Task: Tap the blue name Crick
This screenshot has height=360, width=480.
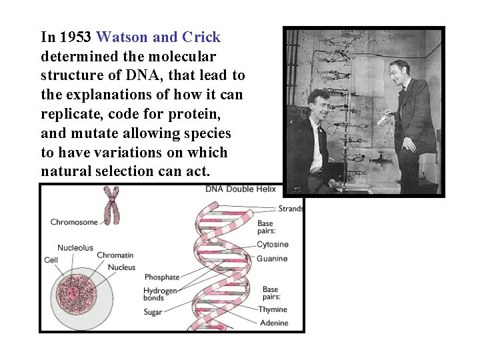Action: click(201, 37)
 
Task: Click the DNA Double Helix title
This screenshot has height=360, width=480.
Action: click(239, 189)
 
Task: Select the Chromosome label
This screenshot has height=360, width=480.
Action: click(74, 222)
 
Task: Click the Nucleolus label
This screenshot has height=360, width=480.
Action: click(75, 248)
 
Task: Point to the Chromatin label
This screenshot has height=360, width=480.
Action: click(115, 255)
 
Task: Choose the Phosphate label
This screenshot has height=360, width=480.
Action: click(162, 277)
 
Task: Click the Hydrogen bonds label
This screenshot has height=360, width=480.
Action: click(160, 295)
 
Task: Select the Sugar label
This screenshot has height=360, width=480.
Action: click(153, 312)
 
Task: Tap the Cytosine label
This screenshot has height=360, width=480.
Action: click(273, 245)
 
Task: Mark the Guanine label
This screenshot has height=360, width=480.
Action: click(272, 259)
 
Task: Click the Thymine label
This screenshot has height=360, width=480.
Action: click(273, 309)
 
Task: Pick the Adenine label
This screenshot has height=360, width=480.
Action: click(273, 323)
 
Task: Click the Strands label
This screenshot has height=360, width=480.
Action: click(291, 209)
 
